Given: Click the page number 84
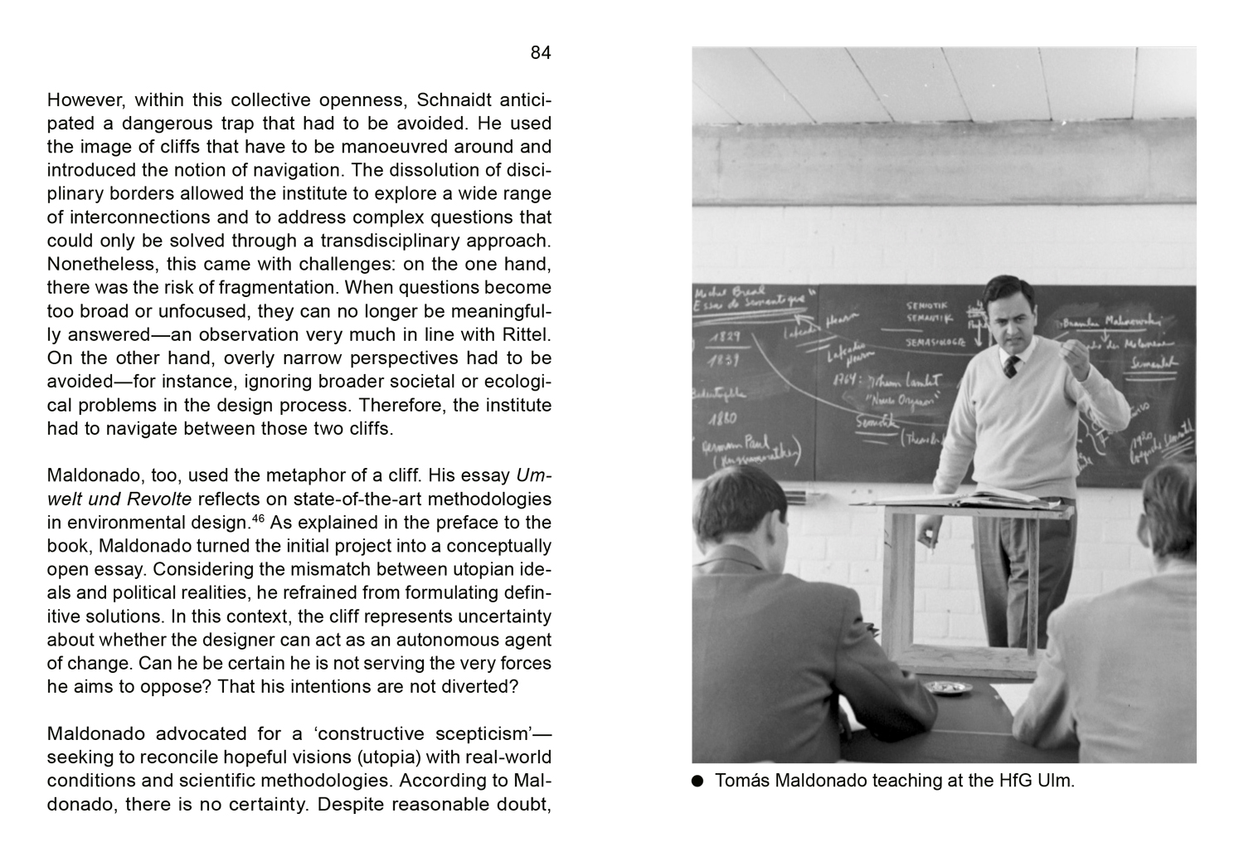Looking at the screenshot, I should click(x=540, y=53).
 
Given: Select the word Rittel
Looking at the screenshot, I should click(x=526, y=335).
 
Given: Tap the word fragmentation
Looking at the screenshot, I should click(x=285, y=288).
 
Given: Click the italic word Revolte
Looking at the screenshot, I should click(x=159, y=499).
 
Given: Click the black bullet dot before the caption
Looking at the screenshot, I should click(x=697, y=781).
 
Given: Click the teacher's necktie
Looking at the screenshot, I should click(x=1011, y=367).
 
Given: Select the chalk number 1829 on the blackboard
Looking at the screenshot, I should click(x=724, y=338).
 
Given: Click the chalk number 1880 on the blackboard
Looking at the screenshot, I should click(x=722, y=418).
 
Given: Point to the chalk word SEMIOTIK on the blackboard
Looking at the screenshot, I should click(x=926, y=306).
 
